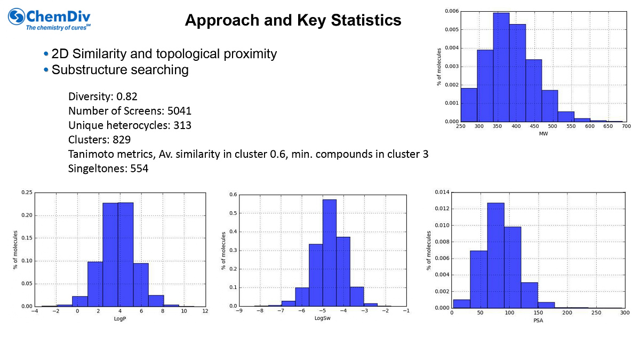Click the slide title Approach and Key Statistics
(x=293, y=20)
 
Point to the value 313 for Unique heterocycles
(x=182, y=125)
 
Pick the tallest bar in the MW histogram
(x=501, y=67)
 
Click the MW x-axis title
(x=543, y=133)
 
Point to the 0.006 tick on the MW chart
(x=451, y=11)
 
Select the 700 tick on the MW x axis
(x=626, y=126)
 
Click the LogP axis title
(x=119, y=318)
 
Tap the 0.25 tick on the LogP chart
(x=26, y=193)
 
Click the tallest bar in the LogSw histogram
(x=330, y=253)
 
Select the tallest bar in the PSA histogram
(x=495, y=255)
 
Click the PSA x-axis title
(x=538, y=320)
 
